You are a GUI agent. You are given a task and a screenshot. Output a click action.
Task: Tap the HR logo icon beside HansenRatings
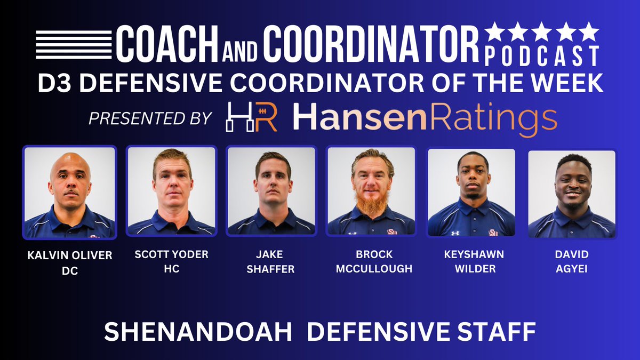[x=251, y=117]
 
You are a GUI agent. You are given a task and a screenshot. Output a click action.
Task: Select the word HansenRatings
[x=425, y=118]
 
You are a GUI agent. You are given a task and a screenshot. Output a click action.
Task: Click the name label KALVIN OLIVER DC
[x=70, y=263]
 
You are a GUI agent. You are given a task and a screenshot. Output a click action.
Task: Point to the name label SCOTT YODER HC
[x=171, y=262]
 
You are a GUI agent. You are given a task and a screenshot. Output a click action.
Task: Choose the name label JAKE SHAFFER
[x=271, y=262]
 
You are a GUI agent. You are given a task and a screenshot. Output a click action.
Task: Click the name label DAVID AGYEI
[x=571, y=262]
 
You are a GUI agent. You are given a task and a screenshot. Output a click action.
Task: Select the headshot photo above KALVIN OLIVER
[x=70, y=192]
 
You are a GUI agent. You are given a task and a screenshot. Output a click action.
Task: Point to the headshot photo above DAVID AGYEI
[x=571, y=194]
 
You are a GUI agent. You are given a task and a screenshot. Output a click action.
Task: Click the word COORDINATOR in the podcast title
[x=371, y=44]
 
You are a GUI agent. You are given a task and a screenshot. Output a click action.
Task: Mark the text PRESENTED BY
[x=150, y=118]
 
